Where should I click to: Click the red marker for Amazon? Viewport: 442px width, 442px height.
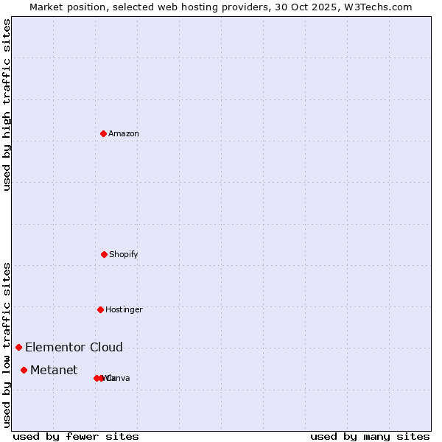point(104,133)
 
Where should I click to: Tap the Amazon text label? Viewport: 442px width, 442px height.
point(124,134)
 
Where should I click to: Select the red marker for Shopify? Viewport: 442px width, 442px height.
point(104,254)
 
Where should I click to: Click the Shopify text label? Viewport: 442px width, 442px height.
point(124,255)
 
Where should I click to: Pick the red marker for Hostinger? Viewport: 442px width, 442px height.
point(100,309)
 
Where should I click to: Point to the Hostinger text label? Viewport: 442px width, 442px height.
point(124,310)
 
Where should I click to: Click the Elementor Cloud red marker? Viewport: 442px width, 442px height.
point(18,347)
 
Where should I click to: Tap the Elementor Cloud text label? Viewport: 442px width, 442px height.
point(74,348)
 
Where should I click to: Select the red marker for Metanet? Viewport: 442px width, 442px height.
point(24,370)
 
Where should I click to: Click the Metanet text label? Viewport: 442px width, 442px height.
point(54,371)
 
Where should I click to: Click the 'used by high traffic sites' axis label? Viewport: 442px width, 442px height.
point(7,105)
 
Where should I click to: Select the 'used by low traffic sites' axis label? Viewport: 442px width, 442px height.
point(7,345)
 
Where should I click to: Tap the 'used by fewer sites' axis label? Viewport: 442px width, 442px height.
point(76,437)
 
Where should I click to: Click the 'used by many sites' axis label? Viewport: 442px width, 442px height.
point(370,437)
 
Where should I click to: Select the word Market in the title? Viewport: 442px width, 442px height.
point(46,7)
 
